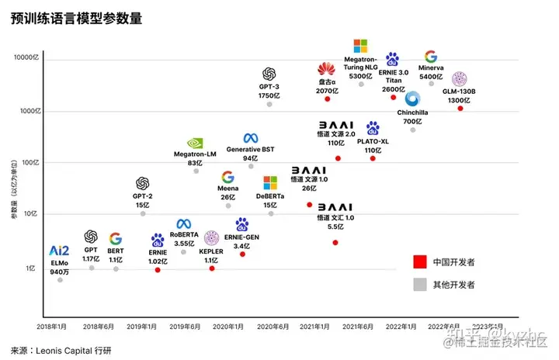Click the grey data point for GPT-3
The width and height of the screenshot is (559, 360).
pyautogui.click(x=269, y=104)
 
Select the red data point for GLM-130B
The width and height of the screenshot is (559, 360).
pyautogui.click(x=460, y=109)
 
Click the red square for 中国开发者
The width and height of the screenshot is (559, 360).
pyautogui.click(x=420, y=261)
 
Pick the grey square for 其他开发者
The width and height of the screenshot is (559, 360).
pyautogui.click(x=420, y=285)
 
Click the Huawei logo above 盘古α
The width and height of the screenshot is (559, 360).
pyautogui.click(x=327, y=70)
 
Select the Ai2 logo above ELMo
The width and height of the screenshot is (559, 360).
pyautogui.click(x=60, y=250)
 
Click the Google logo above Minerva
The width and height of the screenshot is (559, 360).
pyautogui.click(x=431, y=57)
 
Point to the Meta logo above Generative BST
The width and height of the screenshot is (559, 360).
pyautogui.click(x=251, y=138)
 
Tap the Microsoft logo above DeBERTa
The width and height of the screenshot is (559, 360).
pyautogui.click(x=269, y=183)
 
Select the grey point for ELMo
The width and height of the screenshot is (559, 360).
pyautogui.click(x=61, y=279)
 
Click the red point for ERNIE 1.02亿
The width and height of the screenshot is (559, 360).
pyautogui.click(x=158, y=269)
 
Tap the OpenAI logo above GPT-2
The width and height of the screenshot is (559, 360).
pyautogui.click(x=142, y=184)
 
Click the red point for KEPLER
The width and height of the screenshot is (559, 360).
pyautogui.click(x=211, y=268)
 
